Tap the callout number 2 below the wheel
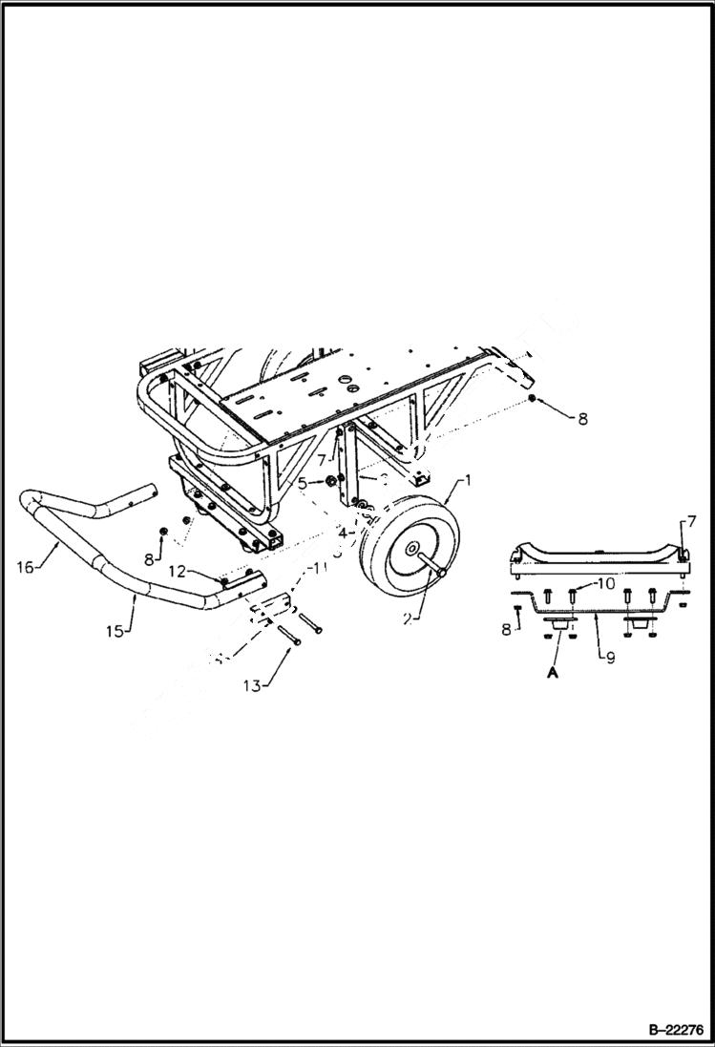click(x=407, y=618)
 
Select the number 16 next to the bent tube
click(x=26, y=567)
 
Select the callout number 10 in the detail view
click(x=606, y=583)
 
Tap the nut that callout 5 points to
click(x=327, y=481)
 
